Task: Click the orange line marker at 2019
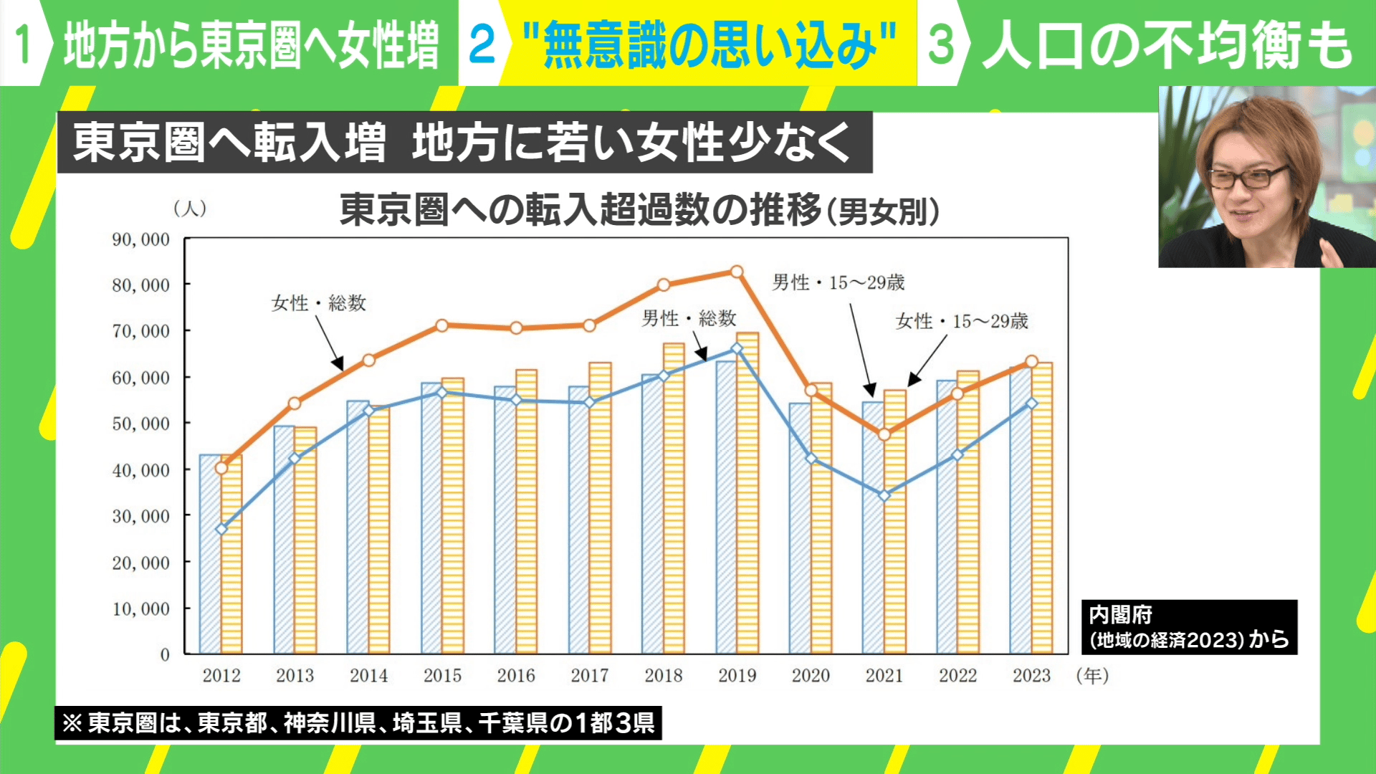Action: coord(737,272)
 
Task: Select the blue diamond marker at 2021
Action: coord(884,495)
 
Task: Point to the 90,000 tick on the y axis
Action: coord(140,239)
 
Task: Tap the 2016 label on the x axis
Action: coord(516,675)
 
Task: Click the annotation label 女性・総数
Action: coord(319,303)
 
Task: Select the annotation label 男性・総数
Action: coord(689,318)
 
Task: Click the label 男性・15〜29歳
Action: coord(838,282)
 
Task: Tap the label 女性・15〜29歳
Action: coord(962,321)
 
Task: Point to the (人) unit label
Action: coord(190,209)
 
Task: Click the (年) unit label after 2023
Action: coord(1092,675)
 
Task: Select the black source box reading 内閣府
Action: coord(1189,627)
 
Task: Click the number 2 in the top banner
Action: coord(482,44)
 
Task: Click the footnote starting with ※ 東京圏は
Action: coord(358,722)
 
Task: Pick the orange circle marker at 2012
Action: coord(221,468)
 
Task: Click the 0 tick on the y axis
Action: coord(165,654)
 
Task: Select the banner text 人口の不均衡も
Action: coord(1167,44)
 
